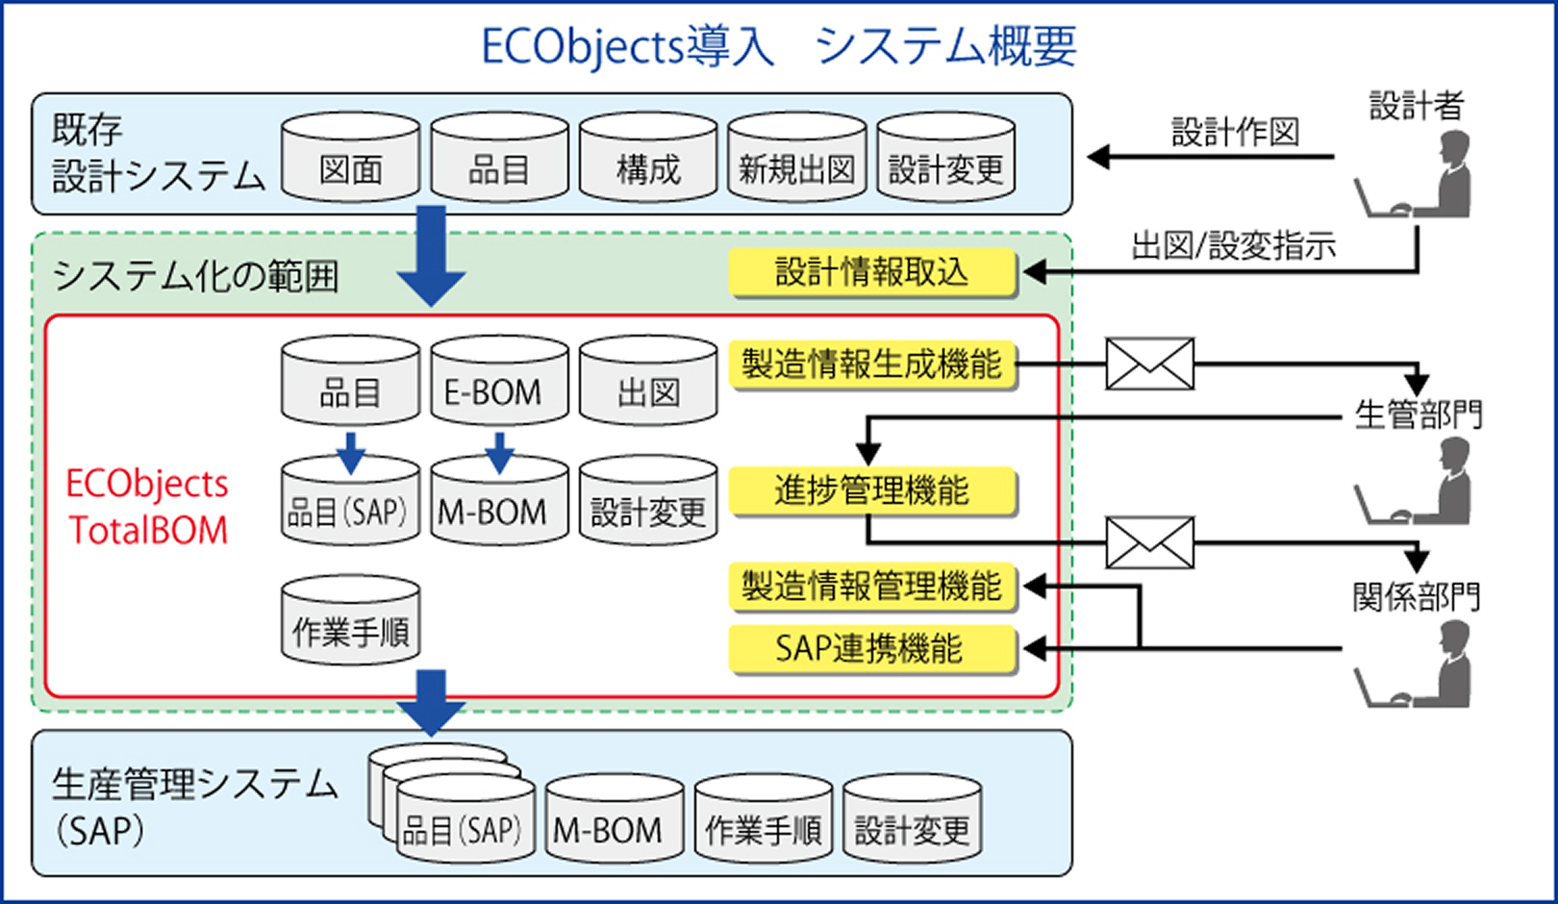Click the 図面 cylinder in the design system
click(x=350, y=159)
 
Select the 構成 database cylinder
click(x=648, y=159)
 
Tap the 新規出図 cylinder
click(x=796, y=159)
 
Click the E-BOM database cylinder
click(x=498, y=381)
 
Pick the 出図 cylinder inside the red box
click(x=648, y=381)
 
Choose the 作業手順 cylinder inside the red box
click(x=350, y=621)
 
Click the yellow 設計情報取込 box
click(x=872, y=273)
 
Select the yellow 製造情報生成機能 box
click(x=872, y=364)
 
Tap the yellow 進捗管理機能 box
click(x=872, y=491)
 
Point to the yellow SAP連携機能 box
click(x=872, y=649)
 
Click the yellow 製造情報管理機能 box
click(x=872, y=586)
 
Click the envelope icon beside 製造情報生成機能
click(x=1149, y=364)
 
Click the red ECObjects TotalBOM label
click(x=147, y=507)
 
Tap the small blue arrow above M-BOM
click(x=498, y=452)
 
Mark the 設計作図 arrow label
click(x=1235, y=133)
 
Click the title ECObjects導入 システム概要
click(x=778, y=45)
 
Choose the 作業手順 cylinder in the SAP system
click(x=764, y=819)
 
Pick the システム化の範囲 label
click(x=195, y=277)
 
